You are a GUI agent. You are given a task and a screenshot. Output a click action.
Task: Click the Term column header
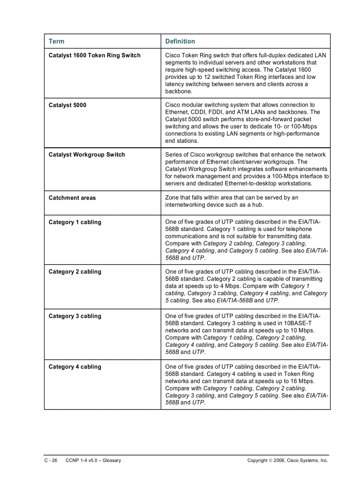point(56,41)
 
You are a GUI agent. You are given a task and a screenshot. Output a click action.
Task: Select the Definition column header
point(180,41)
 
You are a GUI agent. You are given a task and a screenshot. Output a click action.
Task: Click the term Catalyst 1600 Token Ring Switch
point(94,56)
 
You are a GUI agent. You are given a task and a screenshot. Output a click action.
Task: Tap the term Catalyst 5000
point(67,105)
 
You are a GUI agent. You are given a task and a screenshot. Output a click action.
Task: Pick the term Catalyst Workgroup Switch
point(86,155)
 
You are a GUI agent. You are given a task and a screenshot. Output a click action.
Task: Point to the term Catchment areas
point(72,198)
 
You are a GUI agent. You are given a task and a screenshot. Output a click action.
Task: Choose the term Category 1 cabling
point(75,222)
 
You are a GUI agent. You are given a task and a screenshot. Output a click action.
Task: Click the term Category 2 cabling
point(75,272)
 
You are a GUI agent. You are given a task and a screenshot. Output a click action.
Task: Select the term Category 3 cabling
point(75,316)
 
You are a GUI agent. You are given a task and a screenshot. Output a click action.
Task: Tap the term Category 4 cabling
point(75,367)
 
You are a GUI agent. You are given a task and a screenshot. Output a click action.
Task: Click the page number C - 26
point(51,460)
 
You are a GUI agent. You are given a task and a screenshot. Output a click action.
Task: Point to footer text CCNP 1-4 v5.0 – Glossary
point(93,460)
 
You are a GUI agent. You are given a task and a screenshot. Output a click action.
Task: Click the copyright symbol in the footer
point(270,461)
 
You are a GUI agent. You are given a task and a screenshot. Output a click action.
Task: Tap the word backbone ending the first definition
point(179,91)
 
